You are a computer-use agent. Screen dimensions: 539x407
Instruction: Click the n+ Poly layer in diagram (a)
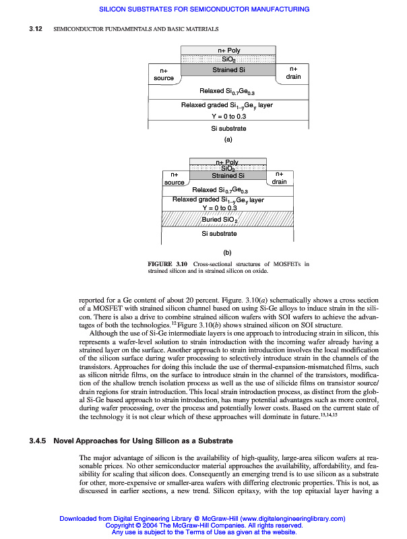pos(228,50)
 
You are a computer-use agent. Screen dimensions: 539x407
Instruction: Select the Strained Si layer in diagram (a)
pos(228,69)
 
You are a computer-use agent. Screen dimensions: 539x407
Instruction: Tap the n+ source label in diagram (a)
pos(164,74)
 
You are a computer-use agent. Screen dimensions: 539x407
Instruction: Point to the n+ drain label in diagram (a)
pos(293,73)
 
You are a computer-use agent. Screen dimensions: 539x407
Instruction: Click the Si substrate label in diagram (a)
pos(228,128)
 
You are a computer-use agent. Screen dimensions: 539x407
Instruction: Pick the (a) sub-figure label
pos(228,140)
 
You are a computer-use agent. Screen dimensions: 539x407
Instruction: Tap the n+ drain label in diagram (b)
pos(280,179)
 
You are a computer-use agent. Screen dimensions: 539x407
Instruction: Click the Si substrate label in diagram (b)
pos(220,234)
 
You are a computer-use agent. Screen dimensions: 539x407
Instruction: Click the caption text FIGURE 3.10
pos(168,263)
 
